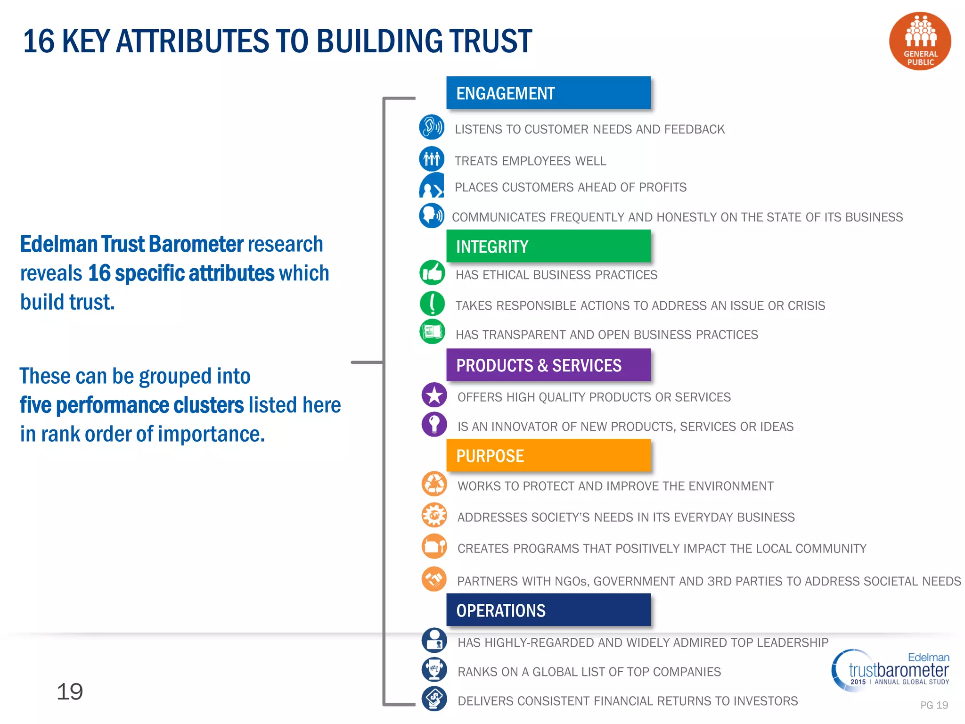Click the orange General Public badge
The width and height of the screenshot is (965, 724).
920,41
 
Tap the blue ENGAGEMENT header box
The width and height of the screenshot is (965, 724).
548,93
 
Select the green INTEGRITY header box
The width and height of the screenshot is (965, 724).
548,246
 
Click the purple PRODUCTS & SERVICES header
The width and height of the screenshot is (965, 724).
548,365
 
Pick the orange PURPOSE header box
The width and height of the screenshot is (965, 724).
548,455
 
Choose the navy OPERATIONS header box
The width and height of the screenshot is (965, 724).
548,610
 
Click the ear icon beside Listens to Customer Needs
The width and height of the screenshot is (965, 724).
432,127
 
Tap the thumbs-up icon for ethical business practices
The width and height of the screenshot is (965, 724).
432,272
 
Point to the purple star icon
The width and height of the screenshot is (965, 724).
434,395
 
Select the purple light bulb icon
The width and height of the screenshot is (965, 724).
434,424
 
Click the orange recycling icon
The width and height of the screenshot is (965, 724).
434,484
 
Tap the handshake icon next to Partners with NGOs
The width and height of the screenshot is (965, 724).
434,579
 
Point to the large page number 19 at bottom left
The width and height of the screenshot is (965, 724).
70,691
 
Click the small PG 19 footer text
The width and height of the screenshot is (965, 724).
934,705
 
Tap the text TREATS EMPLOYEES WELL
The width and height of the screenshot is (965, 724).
530,161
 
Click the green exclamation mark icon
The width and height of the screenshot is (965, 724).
432,303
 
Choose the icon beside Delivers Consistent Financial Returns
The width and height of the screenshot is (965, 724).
434,699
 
